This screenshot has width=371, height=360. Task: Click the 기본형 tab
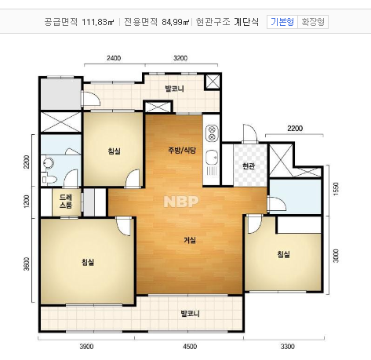[x=282, y=22]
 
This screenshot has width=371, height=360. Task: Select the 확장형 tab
[x=314, y=22]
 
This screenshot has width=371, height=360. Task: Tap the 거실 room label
[x=190, y=239]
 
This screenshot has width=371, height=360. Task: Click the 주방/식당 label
[x=181, y=149]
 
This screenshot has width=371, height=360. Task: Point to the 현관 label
[x=249, y=166]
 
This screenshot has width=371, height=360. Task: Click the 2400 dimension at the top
[x=114, y=58]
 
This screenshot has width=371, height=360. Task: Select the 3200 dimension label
[x=180, y=58]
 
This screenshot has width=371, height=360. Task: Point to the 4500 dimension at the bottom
[x=190, y=346]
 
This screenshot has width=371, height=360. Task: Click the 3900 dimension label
[x=86, y=346]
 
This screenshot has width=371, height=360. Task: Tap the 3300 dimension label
[x=288, y=346]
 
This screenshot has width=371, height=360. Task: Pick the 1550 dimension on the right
[x=336, y=190]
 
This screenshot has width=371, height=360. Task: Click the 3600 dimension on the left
[x=27, y=264]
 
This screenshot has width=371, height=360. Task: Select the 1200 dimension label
[x=27, y=202]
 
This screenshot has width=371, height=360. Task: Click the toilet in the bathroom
[x=49, y=164]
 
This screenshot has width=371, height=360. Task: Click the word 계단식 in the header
[x=246, y=22]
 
